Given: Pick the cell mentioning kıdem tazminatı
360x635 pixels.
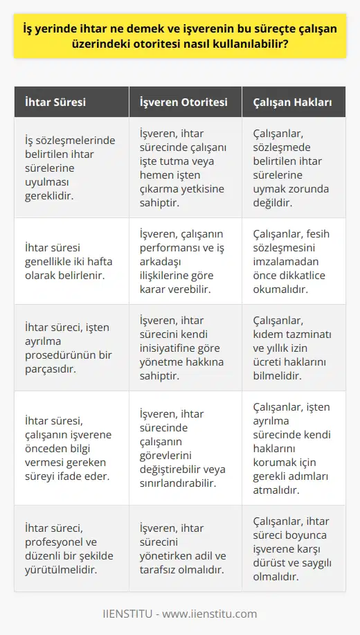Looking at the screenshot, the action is pyautogui.click(x=294, y=348).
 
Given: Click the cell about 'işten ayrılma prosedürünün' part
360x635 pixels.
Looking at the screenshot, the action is pyautogui.click(x=69, y=348).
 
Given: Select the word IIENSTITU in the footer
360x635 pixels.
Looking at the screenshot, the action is pyautogui.click(x=131, y=613).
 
